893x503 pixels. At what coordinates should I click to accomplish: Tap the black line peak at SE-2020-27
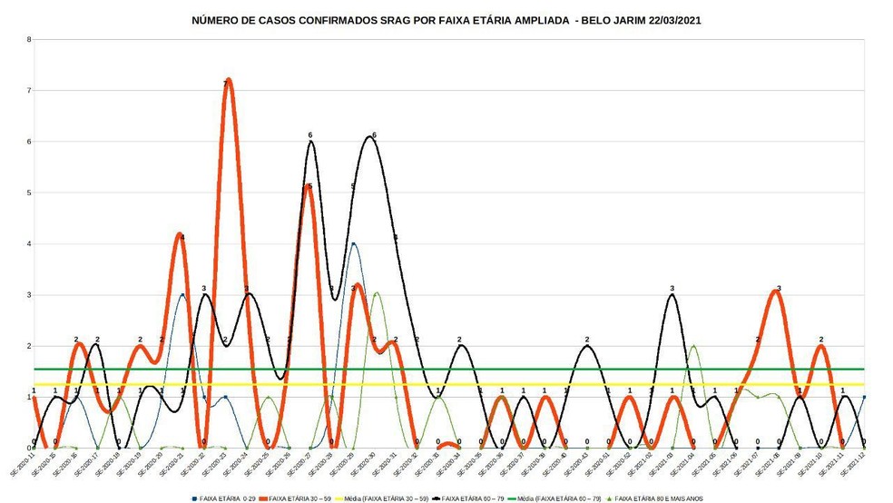pos(310,142)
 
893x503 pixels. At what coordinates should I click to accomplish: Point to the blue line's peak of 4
pos(353,243)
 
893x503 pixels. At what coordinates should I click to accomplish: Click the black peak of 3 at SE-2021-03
pos(672,295)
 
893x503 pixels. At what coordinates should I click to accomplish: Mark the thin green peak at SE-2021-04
pos(693,346)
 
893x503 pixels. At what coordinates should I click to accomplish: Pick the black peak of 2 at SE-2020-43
pos(587,346)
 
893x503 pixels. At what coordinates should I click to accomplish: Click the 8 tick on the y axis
pos(29,40)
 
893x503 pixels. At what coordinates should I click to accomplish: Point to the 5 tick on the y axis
pos(29,192)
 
